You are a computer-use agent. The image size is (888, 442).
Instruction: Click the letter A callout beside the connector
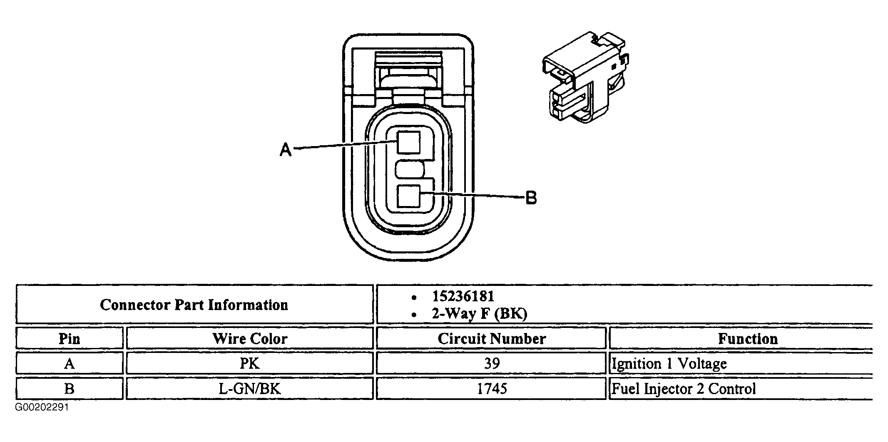coord(286,149)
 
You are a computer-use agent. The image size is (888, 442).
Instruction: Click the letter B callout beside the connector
coord(531,198)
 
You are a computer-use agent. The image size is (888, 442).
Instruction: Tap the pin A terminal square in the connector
coord(408,143)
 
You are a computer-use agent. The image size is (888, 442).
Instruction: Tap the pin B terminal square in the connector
coord(408,196)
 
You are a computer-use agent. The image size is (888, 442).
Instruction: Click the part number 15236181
coord(463,296)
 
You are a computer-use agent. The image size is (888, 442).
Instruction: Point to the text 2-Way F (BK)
coord(479,313)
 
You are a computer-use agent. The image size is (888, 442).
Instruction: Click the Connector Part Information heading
coord(194,305)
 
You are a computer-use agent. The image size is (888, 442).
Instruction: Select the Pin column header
coord(69,338)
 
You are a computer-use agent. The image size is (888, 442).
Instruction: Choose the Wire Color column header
coord(250,338)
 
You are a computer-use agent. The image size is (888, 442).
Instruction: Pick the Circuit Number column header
coord(491,338)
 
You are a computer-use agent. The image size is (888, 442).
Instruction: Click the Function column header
coord(747,338)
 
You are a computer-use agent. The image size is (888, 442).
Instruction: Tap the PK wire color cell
coord(250,363)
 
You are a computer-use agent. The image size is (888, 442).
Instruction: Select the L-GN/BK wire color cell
coord(250,389)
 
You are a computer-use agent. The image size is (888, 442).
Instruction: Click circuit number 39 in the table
coord(491,363)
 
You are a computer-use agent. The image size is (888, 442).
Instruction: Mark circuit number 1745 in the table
coord(491,389)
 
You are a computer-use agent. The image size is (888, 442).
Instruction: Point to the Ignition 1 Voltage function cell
coord(669,363)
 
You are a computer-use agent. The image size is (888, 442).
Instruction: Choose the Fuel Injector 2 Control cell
coord(683,389)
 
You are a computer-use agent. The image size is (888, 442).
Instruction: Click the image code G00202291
coord(42,407)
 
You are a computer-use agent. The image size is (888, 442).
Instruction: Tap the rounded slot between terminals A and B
coord(410,170)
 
